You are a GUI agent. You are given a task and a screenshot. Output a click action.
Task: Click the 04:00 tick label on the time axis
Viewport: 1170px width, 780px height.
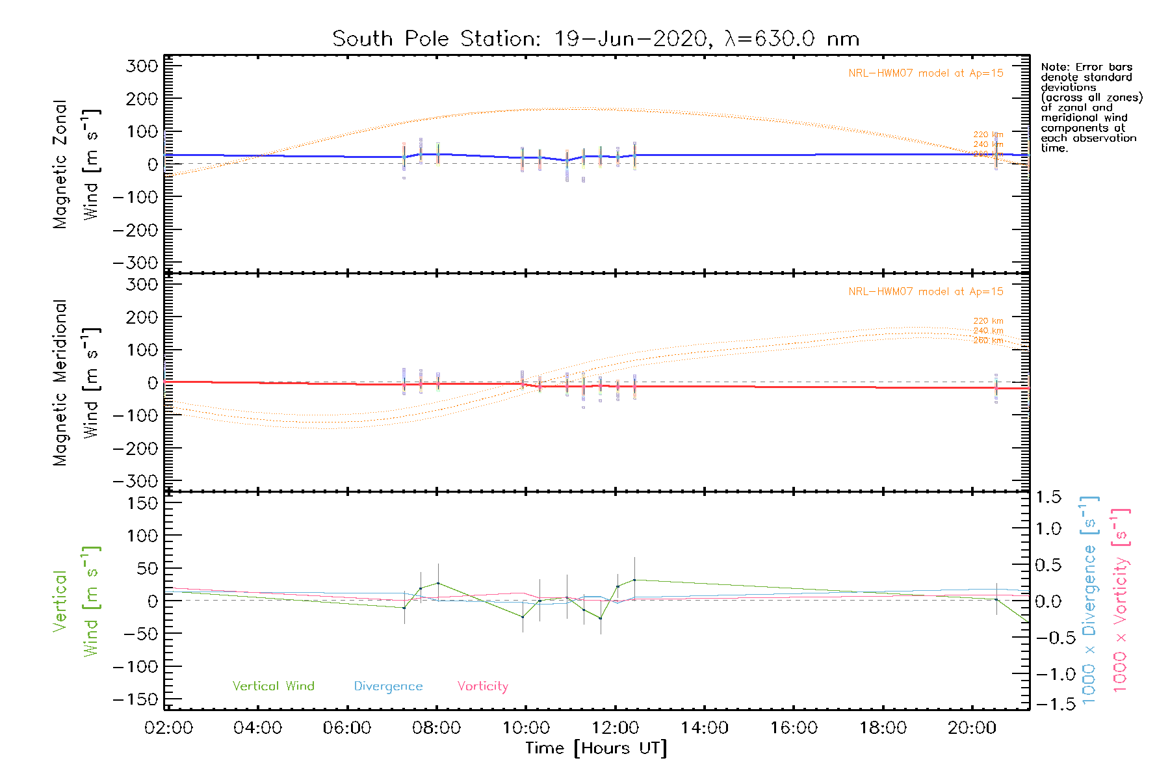click(x=257, y=728)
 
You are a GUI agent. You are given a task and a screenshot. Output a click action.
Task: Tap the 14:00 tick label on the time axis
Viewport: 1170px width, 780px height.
click(x=705, y=728)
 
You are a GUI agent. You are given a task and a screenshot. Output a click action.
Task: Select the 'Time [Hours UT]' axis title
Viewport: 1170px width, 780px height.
click(x=596, y=748)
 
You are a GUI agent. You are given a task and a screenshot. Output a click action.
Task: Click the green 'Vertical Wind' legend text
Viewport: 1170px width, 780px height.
click(x=273, y=686)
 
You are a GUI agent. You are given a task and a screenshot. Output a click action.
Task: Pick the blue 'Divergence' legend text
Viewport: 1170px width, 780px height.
click(x=388, y=686)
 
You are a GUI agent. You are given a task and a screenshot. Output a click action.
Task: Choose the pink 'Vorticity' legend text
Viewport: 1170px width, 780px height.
click(x=482, y=686)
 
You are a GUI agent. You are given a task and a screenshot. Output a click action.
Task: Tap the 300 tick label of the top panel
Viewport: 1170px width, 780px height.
click(x=142, y=66)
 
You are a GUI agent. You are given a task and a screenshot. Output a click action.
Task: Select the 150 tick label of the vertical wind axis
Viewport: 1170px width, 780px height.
click(x=142, y=503)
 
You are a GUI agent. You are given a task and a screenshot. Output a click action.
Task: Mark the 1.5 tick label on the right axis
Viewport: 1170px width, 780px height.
click(x=1048, y=497)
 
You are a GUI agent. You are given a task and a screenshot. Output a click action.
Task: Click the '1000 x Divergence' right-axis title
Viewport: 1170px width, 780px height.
click(x=1089, y=601)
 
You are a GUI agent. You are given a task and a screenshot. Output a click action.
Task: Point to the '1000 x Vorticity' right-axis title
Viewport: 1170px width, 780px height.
click(x=1121, y=601)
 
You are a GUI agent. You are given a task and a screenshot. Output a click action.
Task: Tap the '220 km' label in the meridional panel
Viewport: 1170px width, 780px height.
click(x=988, y=321)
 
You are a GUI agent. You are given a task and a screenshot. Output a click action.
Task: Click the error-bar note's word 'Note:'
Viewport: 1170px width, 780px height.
click(x=1054, y=68)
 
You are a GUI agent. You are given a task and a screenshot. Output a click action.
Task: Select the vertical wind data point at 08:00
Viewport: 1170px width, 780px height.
click(x=438, y=583)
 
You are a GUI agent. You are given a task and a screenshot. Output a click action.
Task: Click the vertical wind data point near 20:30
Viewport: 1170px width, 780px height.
click(x=996, y=599)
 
